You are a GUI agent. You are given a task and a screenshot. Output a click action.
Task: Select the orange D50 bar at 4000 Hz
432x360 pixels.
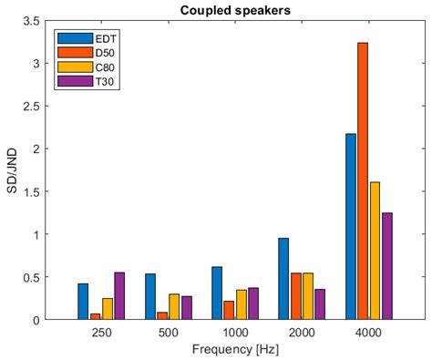(363, 181)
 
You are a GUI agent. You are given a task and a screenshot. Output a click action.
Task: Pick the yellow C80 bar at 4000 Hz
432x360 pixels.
(375, 251)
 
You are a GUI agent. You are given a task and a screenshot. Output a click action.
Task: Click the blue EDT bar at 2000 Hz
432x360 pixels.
(283, 279)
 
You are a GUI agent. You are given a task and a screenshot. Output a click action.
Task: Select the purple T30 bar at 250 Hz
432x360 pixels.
(118, 296)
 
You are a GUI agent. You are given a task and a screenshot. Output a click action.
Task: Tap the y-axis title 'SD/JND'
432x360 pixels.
(10, 170)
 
